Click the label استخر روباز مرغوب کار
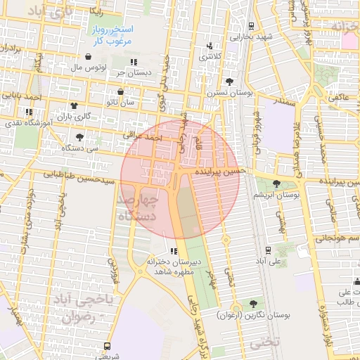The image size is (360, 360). point(110,36)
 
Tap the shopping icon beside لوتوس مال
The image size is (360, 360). point(88,57)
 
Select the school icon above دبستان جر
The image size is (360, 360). point(133,62)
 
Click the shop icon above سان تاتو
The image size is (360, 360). point(120,92)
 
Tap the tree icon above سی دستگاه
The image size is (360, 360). point(79,136)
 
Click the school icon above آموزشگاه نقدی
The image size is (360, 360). point(29,112)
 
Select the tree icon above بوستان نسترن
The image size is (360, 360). point(229,82)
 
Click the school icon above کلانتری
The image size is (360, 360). point(209,46)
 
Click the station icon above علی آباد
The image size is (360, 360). point(267,250)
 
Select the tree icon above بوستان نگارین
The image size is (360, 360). point(252,303)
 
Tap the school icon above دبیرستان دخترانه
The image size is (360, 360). point(174,251)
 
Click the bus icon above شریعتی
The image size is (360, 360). point(107,346)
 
